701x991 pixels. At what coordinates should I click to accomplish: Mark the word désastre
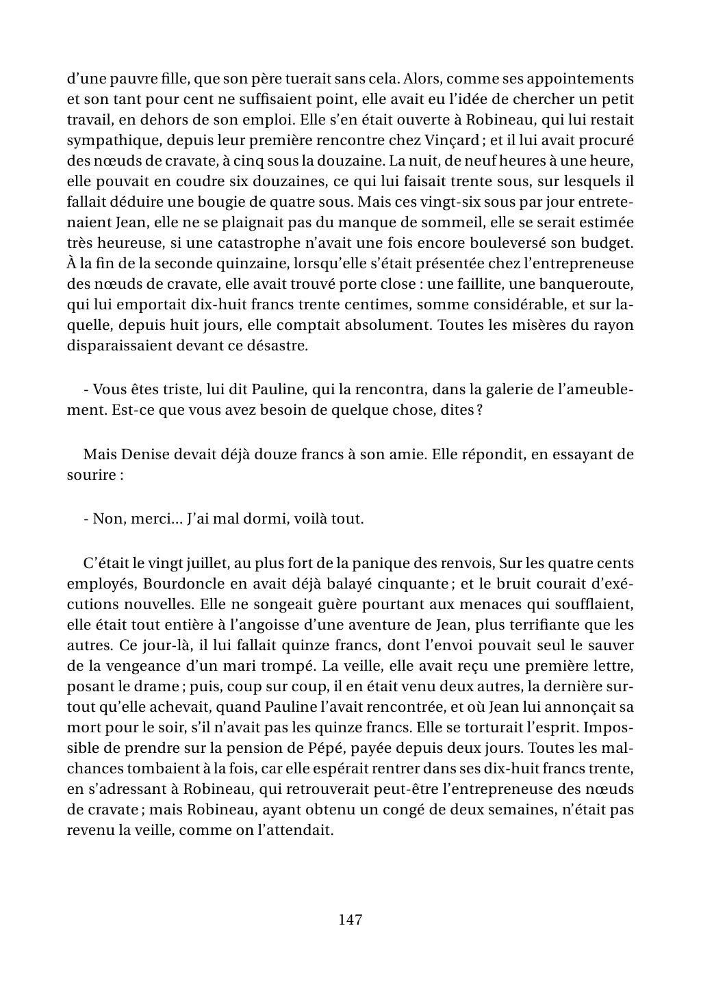coord(277,346)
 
